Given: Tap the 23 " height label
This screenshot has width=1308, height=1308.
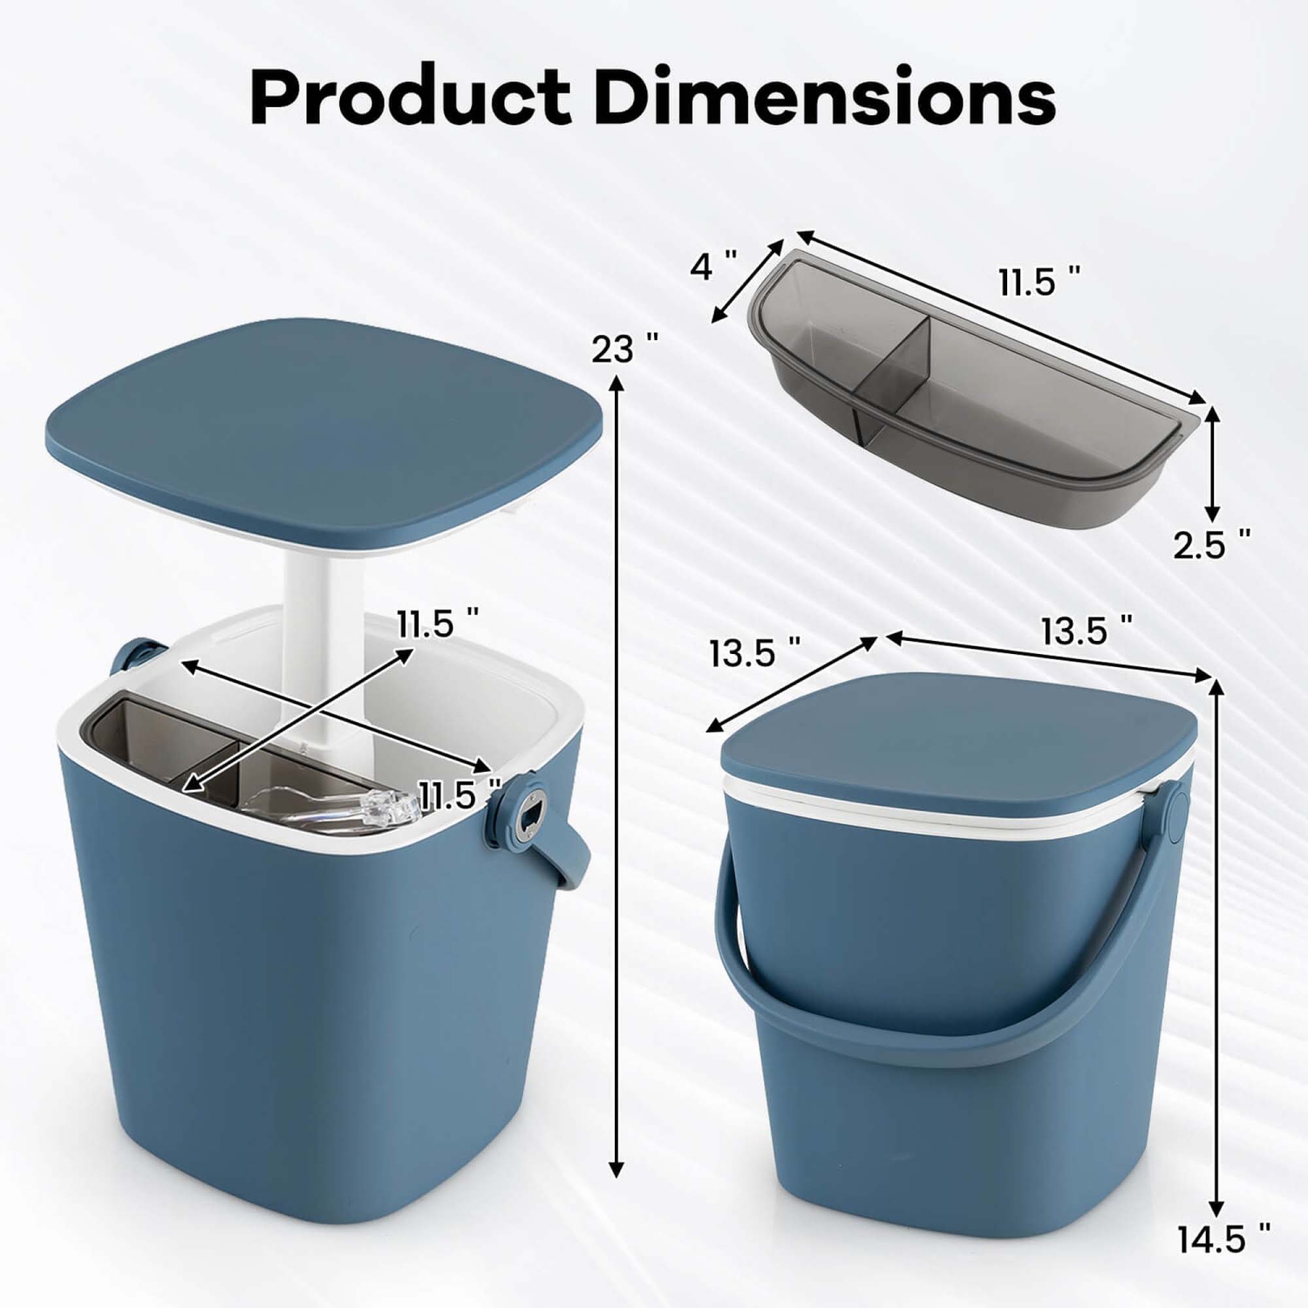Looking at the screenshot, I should [624, 349].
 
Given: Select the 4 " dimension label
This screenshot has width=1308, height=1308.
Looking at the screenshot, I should [713, 264].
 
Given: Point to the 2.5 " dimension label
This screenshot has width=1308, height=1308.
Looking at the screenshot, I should [1211, 545].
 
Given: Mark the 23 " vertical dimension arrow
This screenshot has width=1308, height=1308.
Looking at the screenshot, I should [617, 776].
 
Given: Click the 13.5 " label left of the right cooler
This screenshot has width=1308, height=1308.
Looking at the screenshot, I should [754, 652].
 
